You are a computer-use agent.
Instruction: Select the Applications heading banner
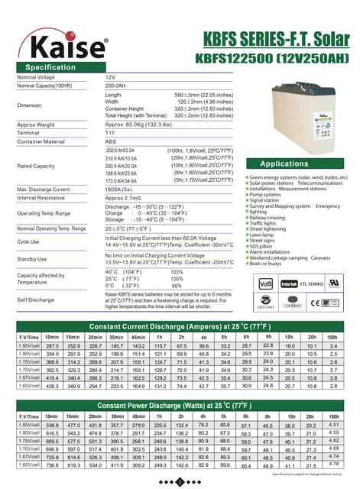[284, 164]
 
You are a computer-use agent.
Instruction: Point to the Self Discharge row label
[35, 299]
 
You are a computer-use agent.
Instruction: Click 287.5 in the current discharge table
[52, 346]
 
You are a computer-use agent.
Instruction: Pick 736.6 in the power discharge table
[52, 465]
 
